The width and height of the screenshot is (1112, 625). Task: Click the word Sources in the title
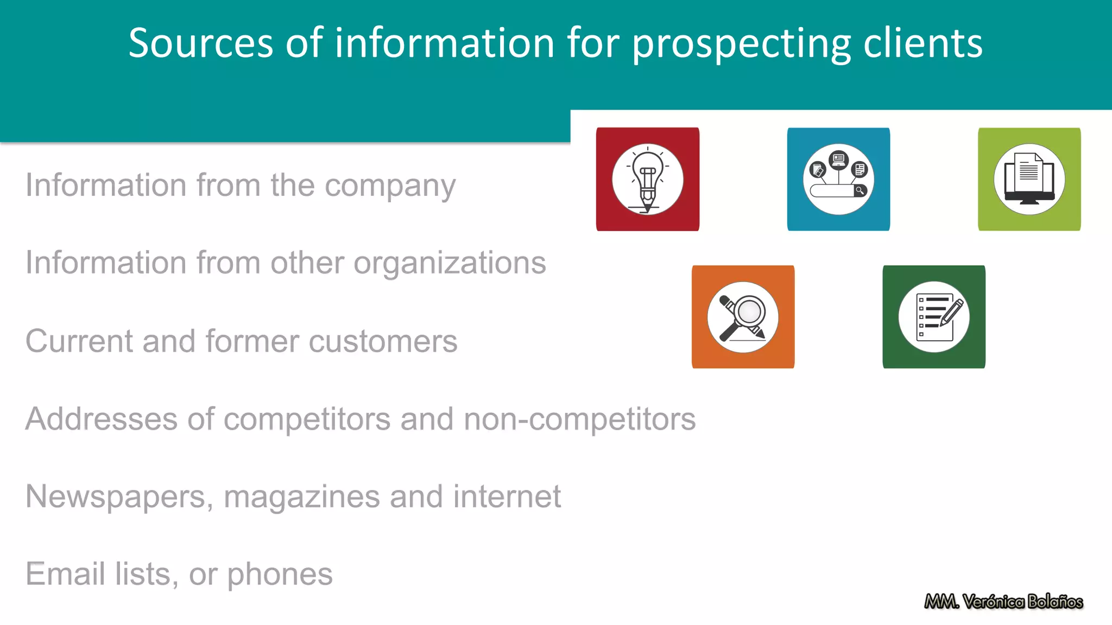click(201, 43)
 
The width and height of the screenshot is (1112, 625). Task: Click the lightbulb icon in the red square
click(647, 179)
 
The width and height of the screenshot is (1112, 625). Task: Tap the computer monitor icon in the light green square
click(1029, 179)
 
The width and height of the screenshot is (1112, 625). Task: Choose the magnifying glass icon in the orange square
click(743, 317)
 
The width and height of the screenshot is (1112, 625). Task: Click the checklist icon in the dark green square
click(934, 317)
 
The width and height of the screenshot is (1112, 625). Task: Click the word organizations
click(450, 264)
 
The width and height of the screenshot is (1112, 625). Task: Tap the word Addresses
click(102, 419)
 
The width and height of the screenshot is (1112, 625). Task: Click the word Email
click(65, 574)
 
